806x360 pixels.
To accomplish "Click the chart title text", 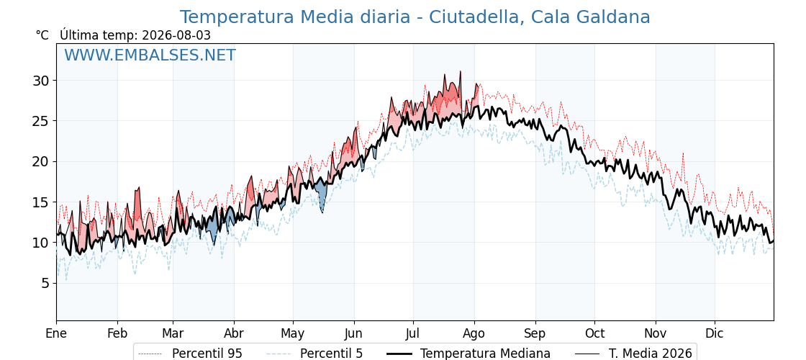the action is pos(415,17).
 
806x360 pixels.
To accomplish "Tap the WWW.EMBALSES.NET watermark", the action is pos(150,55).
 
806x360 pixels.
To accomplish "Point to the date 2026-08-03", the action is pos(175,35).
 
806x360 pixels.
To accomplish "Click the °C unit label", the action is pos(42,35).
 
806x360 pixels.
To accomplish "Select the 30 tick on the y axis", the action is pos(41,81).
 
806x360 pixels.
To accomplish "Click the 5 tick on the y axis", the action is pos(45,284).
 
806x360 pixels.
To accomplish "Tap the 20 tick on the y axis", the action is pos(41,161).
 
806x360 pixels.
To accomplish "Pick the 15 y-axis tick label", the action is pos(41,202).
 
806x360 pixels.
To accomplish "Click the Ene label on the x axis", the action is pos(56,333).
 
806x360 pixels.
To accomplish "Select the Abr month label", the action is pos(234,333).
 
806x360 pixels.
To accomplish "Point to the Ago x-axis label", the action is pos(474,333).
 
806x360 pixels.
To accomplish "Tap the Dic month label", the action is pos(714,333).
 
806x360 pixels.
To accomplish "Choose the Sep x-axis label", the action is pos(535,333).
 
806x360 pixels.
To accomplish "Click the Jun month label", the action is pos(353,333).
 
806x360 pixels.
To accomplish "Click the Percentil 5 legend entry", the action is pos(314,354).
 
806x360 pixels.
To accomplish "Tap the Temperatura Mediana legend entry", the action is pos(468,354).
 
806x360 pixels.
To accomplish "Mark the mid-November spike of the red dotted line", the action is pos(683,153).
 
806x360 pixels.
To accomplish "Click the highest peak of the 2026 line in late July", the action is pos(460,71).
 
